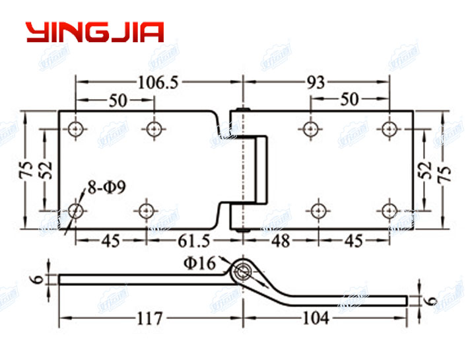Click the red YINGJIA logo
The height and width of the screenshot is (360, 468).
click(94, 32)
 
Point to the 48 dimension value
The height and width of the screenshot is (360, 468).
click(281, 241)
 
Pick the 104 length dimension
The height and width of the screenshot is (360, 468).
click(315, 318)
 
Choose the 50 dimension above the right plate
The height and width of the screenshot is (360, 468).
click(349, 100)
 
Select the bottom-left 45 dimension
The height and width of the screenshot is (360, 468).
click(110, 241)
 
